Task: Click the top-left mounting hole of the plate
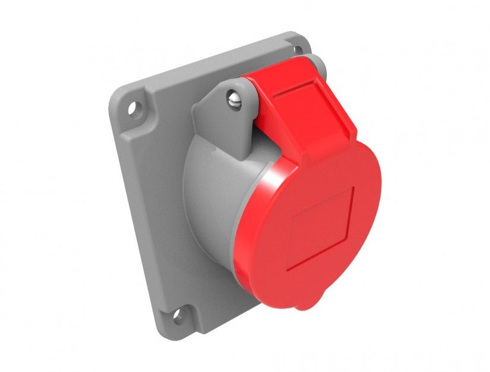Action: click(x=135, y=110)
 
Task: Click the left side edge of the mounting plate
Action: click(x=119, y=196)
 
